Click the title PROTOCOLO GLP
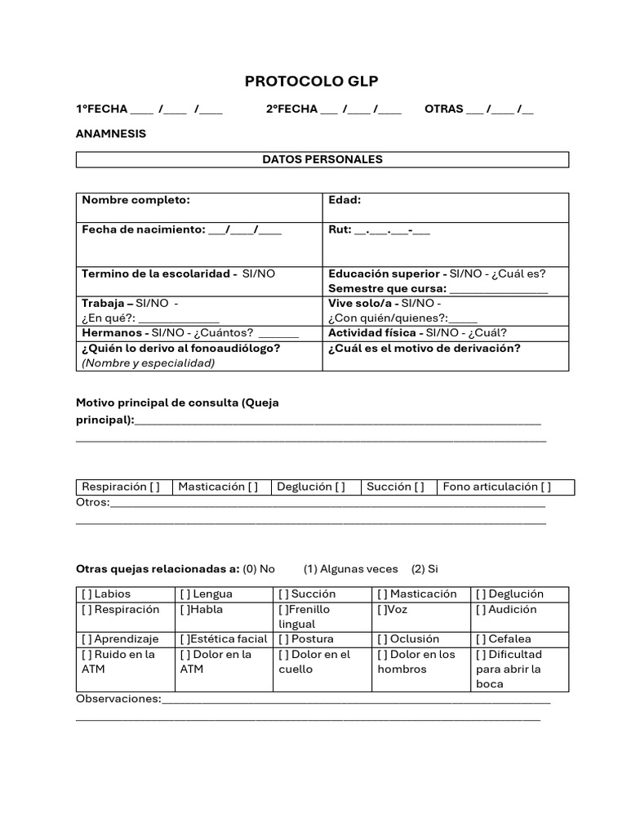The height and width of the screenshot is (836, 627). [312, 82]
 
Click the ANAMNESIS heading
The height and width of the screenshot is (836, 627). [111, 133]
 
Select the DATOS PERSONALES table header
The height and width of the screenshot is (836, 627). [322, 159]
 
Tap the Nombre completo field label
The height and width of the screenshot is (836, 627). [136, 200]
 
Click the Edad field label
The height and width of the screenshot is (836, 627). [345, 200]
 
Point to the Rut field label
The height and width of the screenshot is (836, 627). [339, 230]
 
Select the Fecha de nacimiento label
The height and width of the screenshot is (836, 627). [143, 230]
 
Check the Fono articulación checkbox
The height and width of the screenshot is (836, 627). [545, 487]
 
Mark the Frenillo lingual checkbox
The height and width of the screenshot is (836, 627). [282, 610]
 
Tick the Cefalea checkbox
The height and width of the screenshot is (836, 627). [480, 639]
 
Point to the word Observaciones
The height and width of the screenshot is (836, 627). [118, 700]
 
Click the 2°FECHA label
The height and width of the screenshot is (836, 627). [291, 109]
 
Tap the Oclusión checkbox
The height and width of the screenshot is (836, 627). [381, 639]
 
